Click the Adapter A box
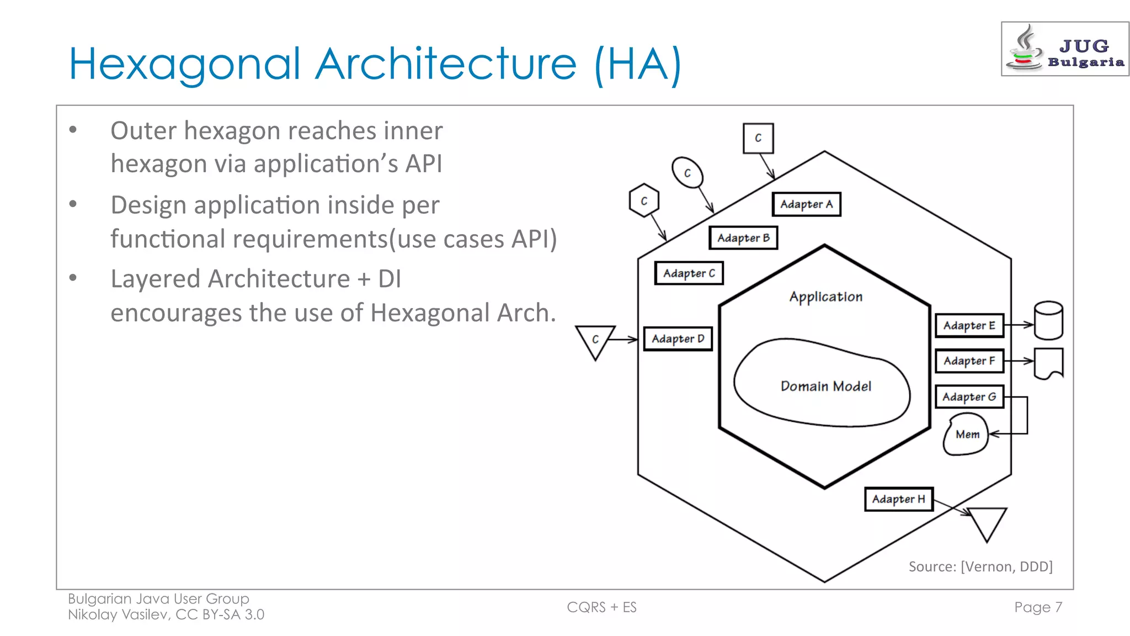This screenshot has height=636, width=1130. click(x=806, y=204)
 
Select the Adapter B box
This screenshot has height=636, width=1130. click(x=743, y=238)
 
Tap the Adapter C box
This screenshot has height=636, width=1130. click(x=689, y=273)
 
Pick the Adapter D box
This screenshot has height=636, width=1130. click(x=678, y=338)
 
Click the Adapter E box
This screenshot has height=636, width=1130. click(x=969, y=325)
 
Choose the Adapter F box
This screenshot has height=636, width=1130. click(x=969, y=361)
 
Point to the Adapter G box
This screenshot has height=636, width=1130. click(x=969, y=396)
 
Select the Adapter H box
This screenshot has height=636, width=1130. click(x=898, y=499)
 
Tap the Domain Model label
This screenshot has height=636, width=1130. click(x=825, y=386)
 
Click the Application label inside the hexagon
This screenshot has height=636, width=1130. click(x=825, y=297)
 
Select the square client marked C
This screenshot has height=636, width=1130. click(x=758, y=138)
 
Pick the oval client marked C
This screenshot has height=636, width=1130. click(x=687, y=173)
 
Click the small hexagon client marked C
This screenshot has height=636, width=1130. click(x=644, y=201)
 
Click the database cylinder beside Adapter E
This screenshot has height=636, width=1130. click(x=1048, y=320)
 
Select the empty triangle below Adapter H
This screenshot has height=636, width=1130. click(x=987, y=521)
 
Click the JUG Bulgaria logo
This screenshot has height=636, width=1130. click(x=1064, y=49)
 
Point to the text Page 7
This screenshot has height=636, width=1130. click(x=1038, y=607)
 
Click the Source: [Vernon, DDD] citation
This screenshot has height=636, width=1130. click(x=980, y=566)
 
